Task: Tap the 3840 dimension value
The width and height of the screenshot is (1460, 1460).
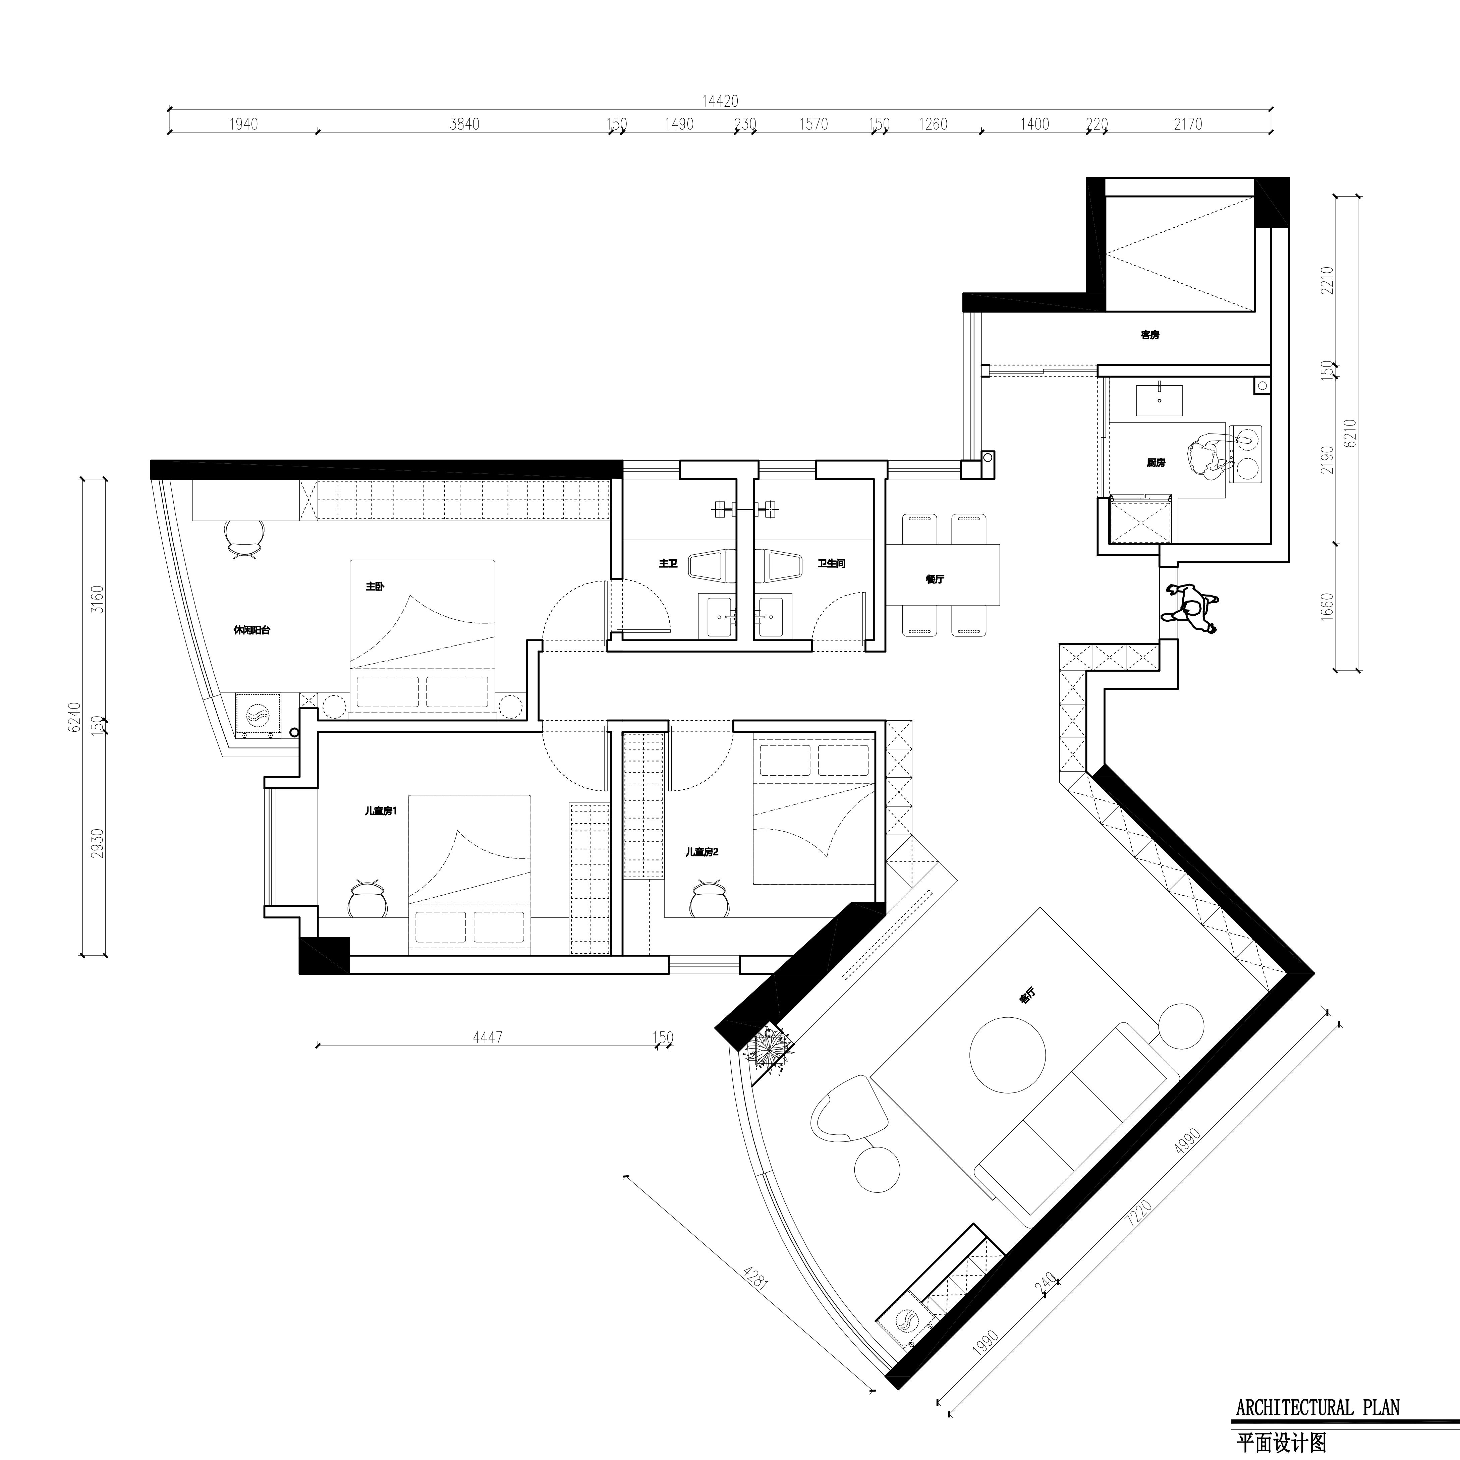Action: (x=465, y=124)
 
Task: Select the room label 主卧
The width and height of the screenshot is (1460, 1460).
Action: (x=375, y=586)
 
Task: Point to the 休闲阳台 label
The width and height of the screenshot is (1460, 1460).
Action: (x=251, y=629)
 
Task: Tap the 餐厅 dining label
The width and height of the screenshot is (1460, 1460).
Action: (x=935, y=580)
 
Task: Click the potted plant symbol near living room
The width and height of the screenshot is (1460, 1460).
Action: (x=771, y=1049)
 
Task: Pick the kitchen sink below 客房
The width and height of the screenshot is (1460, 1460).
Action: (x=1159, y=398)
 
